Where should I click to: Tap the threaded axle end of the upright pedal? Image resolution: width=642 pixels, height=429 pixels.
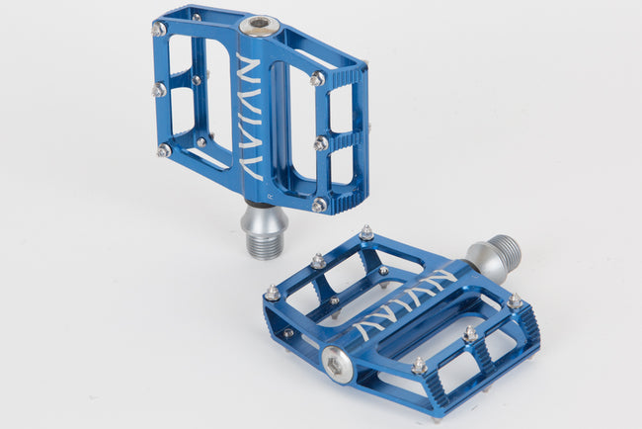click(264, 245)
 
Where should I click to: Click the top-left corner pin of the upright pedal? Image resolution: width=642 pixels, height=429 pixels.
click(159, 30)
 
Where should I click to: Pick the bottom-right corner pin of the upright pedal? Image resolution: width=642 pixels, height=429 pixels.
click(318, 205)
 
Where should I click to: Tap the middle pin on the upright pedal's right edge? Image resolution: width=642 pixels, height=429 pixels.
click(320, 143)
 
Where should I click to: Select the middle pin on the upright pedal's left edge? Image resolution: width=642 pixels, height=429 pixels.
click(158, 90)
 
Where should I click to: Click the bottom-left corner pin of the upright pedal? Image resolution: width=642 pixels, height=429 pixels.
click(163, 150)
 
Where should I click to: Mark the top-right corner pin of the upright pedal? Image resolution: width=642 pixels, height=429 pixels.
click(317, 78)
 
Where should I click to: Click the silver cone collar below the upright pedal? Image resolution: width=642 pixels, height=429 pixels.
click(264, 218)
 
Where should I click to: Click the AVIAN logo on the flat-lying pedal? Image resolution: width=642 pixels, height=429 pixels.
click(406, 299)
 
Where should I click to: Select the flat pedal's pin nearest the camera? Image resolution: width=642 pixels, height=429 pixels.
click(418, 366)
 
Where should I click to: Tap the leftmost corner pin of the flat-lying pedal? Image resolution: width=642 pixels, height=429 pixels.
click(272, 294)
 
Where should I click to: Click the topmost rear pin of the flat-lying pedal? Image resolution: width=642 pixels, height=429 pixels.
click(365, 232)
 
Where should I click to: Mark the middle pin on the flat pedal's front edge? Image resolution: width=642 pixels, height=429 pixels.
click(470, 334)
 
